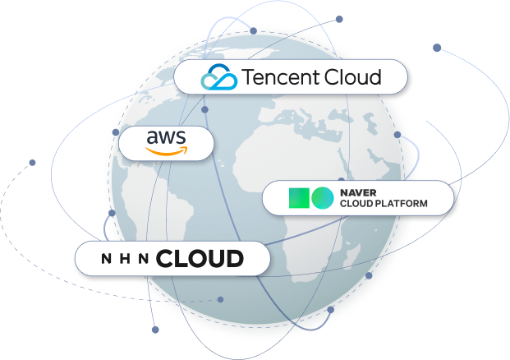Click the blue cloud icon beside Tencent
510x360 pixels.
click(218, 78)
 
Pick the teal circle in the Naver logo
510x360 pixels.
click(322, 198)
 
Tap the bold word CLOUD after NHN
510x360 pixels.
click(200, 259)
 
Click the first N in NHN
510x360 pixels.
click(105, 260)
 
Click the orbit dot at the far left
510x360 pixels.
click(33, 163)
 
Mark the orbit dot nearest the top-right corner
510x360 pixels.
click(437, 48)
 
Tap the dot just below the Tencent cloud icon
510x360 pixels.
click(204, 109)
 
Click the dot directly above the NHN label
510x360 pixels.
click(112, 213)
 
